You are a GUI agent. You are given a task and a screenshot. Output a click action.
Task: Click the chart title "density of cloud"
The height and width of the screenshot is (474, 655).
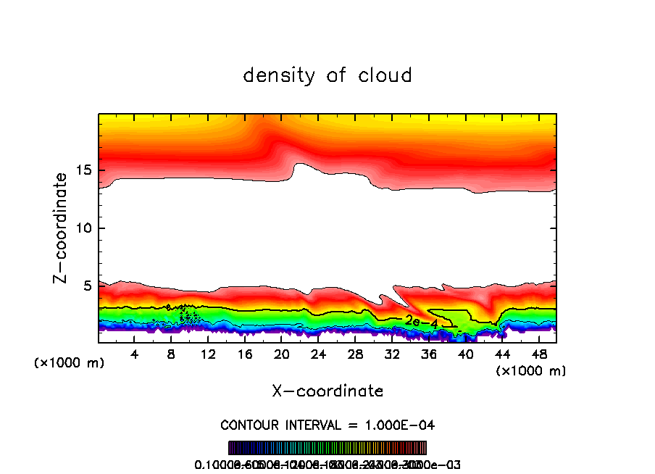(x=327, y=75)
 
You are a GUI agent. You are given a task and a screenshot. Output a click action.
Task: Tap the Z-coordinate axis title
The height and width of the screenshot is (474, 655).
(x=62, y=228)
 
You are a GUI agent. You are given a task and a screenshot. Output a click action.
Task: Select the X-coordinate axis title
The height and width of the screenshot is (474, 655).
(x=327, y=391)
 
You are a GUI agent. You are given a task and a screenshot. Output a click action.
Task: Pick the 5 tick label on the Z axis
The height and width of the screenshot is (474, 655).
(x=87, y=286)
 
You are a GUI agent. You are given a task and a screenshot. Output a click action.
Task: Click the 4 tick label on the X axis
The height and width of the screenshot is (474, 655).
(x=134, y=354)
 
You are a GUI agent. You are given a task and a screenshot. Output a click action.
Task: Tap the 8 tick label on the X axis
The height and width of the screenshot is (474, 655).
(x=171, y=354)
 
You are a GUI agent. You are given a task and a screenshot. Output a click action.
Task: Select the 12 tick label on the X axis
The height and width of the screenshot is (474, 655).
(x=208, y=354)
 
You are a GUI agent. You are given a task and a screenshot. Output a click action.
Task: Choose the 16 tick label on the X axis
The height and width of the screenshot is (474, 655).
(x=245, y=354)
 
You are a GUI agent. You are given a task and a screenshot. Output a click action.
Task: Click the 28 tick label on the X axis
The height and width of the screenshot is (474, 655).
(x=355, y=354)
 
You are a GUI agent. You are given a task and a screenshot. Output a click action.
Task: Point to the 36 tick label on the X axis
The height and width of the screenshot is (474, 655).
(x=429, y=354)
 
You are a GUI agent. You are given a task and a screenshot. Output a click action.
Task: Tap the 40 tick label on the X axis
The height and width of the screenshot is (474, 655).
(x=465, y=354)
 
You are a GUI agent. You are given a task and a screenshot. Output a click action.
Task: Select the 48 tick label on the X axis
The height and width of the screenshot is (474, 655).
(x=539, y=354)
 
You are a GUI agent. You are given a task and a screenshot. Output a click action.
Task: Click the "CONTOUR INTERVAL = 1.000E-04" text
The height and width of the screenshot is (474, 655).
(x=327, y=424)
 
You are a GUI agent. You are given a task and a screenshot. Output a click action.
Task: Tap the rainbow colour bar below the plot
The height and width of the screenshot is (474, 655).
(x=327, y=448)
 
